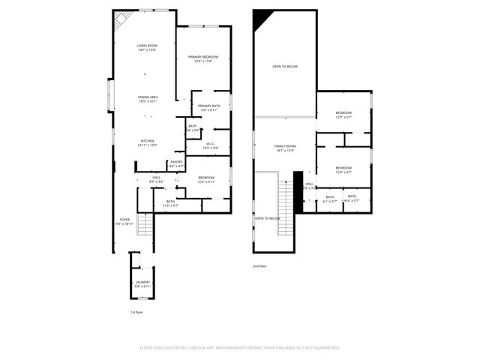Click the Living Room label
(147, 46)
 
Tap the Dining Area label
(147, 98)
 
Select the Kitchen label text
(147, 142)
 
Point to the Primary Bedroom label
(203, 58)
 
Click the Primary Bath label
(209, 107)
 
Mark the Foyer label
(124, 221)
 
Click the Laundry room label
(142, 283)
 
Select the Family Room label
(285, 148)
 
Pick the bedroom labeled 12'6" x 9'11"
(206, 179)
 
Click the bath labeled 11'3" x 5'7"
(170, 202)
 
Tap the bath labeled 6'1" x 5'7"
(330, 198)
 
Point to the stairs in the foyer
(145, 224)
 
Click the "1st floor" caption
(136, 311)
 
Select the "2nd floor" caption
(259, 265)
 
